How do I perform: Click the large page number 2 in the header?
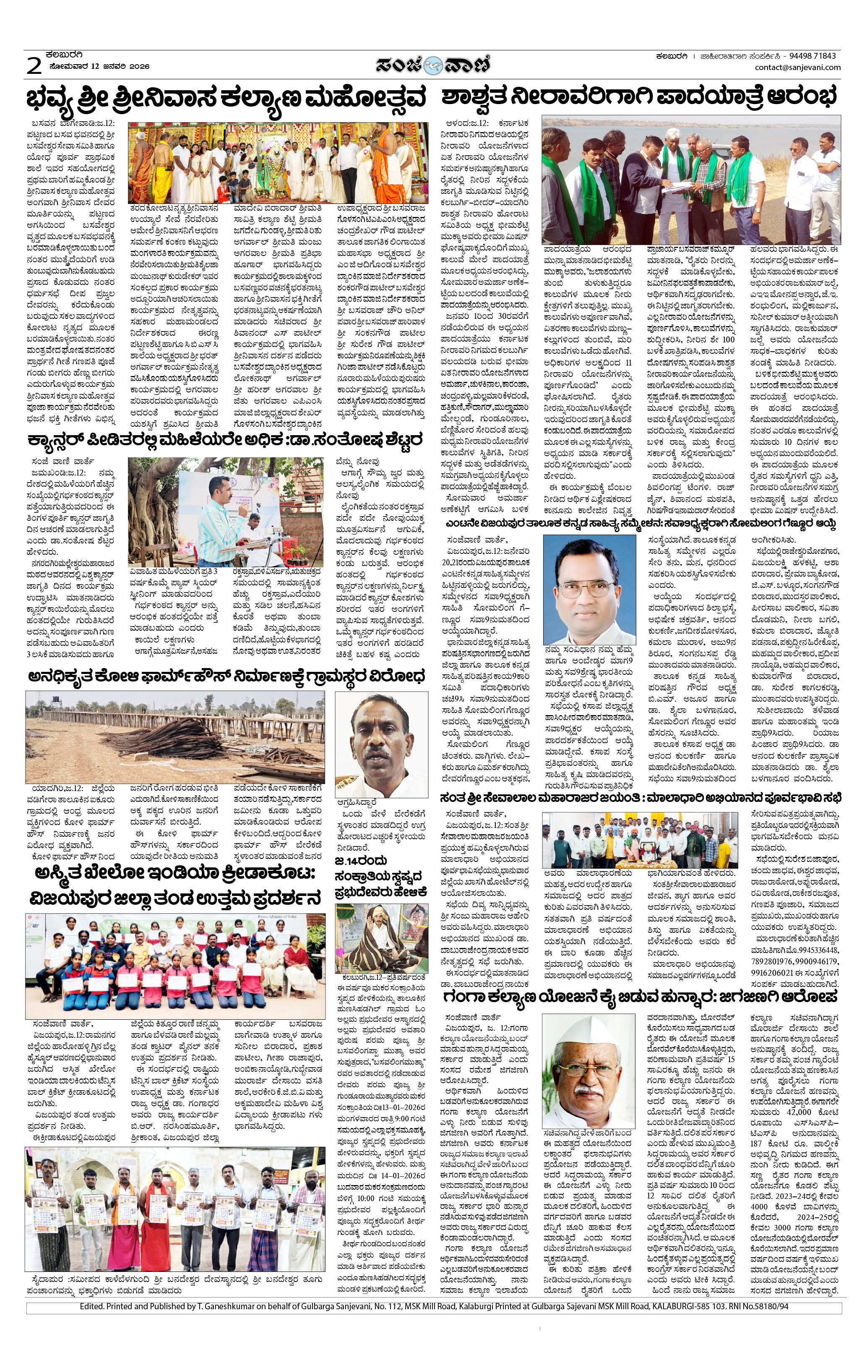(x=34, y=65)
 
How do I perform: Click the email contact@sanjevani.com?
(x=797, y=68)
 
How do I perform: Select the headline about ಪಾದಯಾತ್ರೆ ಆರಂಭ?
(x=640, y=98)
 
